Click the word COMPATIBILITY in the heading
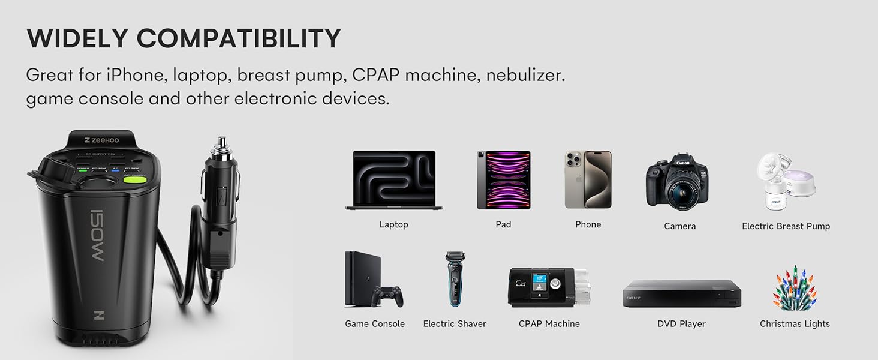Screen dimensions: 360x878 pyautogui.click(x=239, y=39)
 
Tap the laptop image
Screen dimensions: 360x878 pyautogui.click(x=393, y=179)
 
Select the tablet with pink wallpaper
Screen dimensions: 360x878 pyautogui.click(x=503, y=179)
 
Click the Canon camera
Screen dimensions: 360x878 pyautogui.click(x=677, y=182)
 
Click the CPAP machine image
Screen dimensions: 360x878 pyautogui.click(x=549, y=287)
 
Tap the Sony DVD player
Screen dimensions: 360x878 pyautogui.click(x=682, y=294)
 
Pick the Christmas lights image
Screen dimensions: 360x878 pyautogui.click(x=795, y=287)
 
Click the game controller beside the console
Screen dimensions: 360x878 pyautogui.click(x=387, y=295)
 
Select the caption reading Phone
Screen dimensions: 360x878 pyautogui.click(x=588, y=224)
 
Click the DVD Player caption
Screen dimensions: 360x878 pyautogui.click(x=681, y=324)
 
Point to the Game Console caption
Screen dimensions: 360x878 pyautogui.click(x=375, y=324)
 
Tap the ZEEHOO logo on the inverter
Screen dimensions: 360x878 pyautogui.click(x=101, y=140)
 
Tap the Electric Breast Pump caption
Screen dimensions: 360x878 pyautogui.click(x=786, y=226)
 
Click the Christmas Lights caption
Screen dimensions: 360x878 pyautogui.click(x=795, y=324)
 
